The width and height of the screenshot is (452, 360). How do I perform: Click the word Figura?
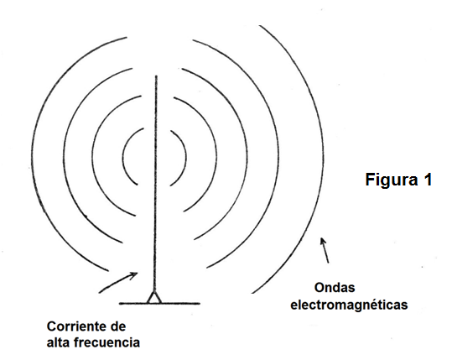392,180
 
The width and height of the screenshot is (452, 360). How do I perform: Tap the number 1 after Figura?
428,180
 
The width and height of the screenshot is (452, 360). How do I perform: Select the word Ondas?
335,288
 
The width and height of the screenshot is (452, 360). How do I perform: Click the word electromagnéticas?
349,305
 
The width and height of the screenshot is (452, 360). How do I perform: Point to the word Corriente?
75,326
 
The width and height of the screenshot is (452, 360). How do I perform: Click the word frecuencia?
107,342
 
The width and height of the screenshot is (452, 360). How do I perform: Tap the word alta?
58,342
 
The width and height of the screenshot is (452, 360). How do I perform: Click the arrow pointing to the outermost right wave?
325,250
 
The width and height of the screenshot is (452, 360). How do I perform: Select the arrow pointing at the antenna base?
118,283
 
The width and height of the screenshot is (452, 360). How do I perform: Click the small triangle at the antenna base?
154,298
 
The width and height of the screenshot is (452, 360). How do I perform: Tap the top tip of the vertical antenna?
156,76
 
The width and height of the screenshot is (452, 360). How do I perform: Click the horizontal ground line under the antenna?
159,304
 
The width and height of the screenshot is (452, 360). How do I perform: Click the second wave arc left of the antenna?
93,157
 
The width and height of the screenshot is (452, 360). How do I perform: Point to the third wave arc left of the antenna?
64,157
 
